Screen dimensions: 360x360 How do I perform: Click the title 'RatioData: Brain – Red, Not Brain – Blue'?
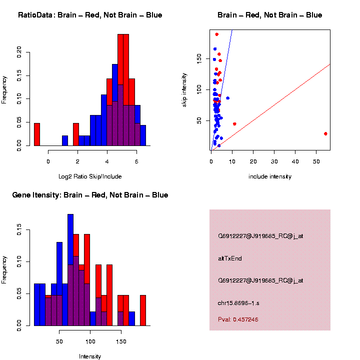[90, 15]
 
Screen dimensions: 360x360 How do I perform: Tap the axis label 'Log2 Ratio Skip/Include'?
[89, 176]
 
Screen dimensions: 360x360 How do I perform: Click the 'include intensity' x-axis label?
[269, 176]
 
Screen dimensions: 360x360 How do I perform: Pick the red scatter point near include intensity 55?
[325, 133]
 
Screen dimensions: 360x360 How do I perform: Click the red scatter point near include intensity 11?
[234, 124]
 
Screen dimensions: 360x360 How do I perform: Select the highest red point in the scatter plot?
[216, 34]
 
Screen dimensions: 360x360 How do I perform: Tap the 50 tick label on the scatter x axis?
[316, 161]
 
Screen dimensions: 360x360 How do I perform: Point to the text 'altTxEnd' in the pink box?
[230, 258]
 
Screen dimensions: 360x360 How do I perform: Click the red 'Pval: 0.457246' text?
[238, 319]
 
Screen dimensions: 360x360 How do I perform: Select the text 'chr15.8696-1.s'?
[238, 303]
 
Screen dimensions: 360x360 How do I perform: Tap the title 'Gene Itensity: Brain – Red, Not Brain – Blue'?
[90, 195]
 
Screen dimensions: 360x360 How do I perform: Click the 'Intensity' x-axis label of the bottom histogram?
[90, 356]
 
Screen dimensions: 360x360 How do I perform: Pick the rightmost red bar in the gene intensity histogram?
[143, 310]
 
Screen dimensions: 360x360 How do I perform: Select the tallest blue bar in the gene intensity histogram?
[70, 270]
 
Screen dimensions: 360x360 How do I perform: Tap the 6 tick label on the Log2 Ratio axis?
[136, 161]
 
